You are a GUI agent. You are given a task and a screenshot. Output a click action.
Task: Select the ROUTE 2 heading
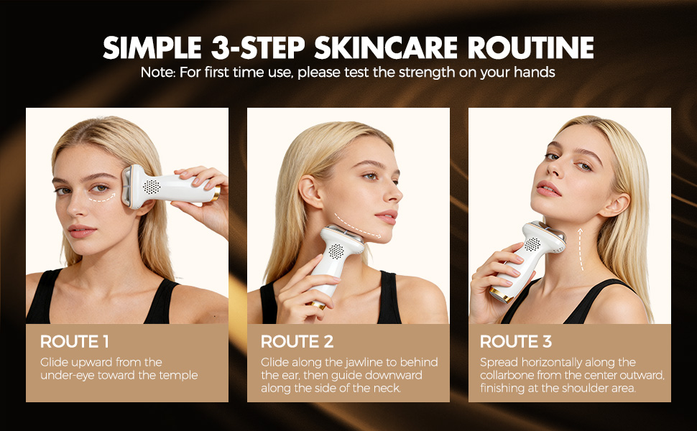(297, 342)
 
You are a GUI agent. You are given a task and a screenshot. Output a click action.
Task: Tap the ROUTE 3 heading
(515, 342)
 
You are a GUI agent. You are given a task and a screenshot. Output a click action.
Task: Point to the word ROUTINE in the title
(531, 47)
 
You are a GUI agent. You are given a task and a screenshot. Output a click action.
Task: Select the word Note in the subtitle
(154, 73)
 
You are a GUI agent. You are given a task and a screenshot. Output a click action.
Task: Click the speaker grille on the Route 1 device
(151, 186)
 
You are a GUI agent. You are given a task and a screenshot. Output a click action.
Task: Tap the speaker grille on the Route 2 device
(336, 251)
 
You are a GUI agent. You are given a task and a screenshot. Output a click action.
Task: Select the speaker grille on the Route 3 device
(532, 244)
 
